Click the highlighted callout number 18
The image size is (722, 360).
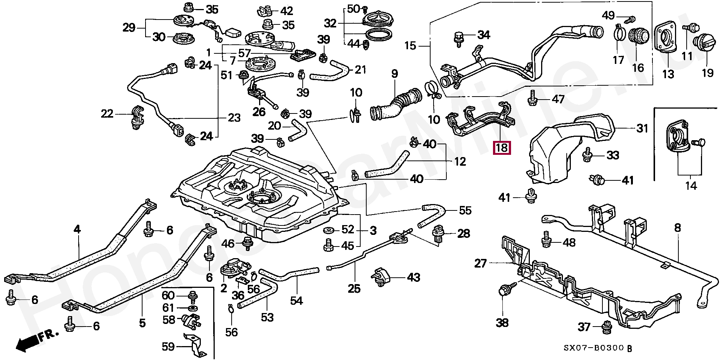[502, 148]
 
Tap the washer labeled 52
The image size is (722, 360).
[329, 230]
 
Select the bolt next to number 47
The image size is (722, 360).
[532, 98]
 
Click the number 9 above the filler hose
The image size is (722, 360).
[394, 74]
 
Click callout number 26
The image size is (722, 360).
[259, 112]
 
